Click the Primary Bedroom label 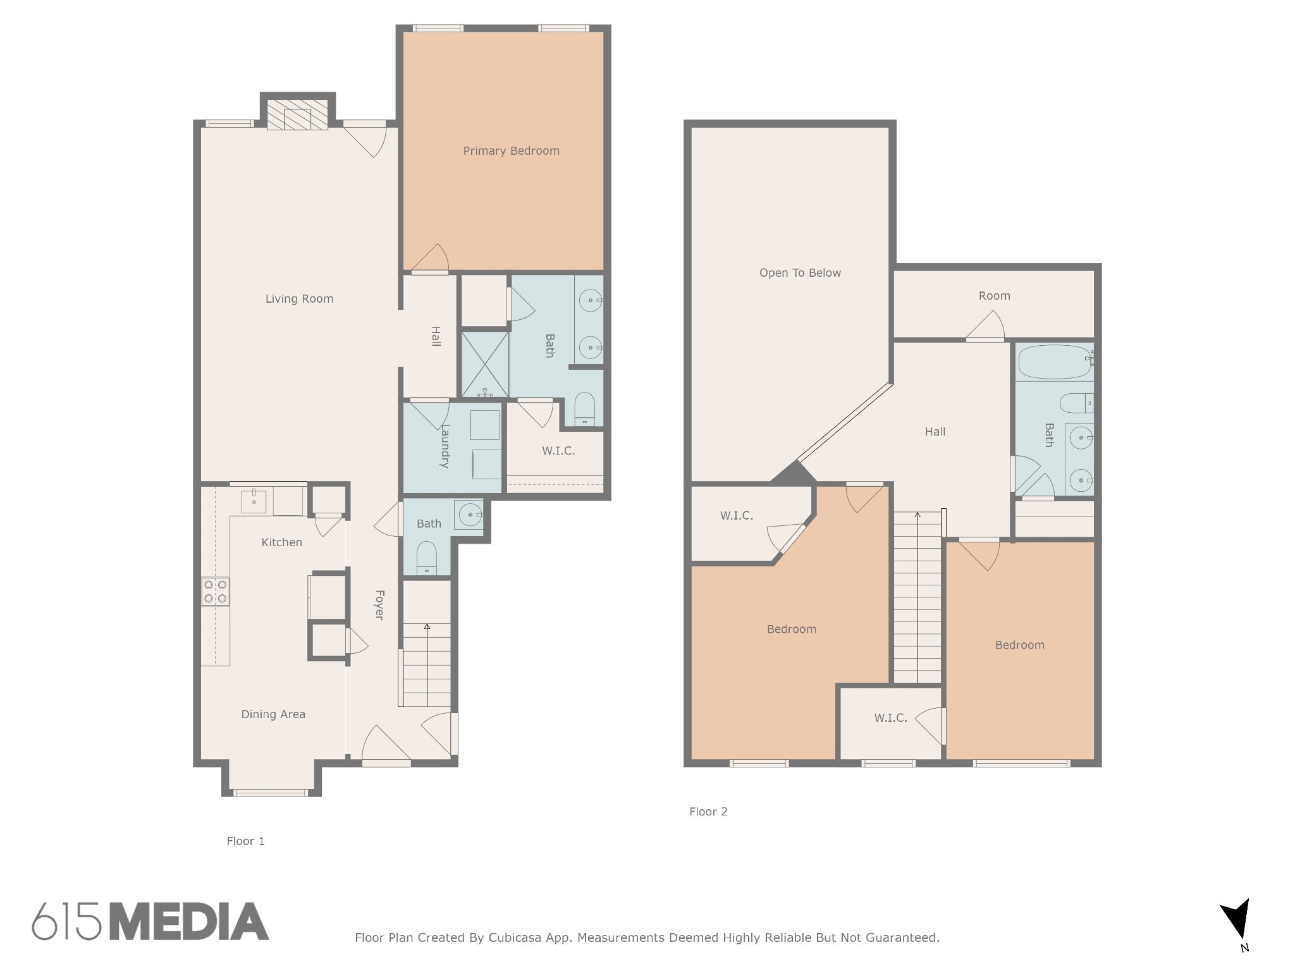[511, 151]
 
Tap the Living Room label [299, 299]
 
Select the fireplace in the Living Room [297, 114]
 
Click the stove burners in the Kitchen [216, 592]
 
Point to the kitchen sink [254, 501]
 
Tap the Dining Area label [273, 714]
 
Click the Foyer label [379, 605]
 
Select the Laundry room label [445, 446]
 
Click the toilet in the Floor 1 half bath [427, 558]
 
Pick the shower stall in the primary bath [485, 365]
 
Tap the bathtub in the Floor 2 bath [1054, 362]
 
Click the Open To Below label [800, 273]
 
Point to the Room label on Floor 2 [994, 296]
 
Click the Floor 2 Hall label [935, 432]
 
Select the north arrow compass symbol [1236, 924]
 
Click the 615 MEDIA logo [150, 921]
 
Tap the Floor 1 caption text [246, 841]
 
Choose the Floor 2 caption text [708, 812]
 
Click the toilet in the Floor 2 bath [1077, 403]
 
